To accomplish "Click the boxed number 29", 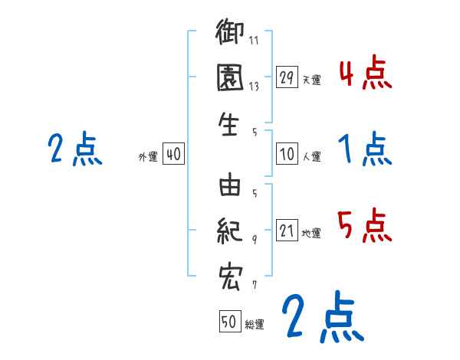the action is [287, 77].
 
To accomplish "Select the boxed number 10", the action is [287, 154].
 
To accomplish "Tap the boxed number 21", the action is [287, 231].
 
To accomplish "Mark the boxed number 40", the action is [173, 154].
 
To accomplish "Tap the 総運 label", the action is [255, 325].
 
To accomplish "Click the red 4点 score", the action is [364, 74].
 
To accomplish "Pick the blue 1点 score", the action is [364, 149].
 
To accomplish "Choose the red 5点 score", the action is [364, 226].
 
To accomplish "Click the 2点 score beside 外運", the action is [74, 149].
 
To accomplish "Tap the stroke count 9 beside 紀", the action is [255, 239].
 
